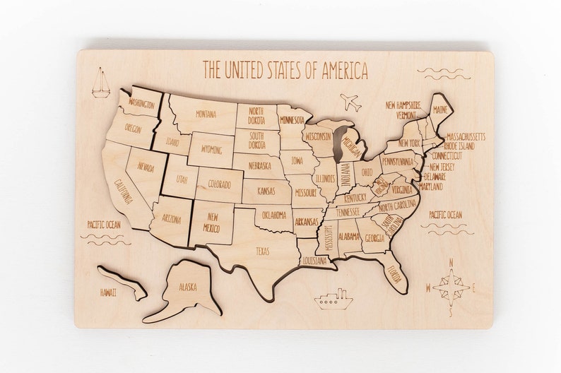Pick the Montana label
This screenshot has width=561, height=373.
pyautogui.click(x=206, y=114)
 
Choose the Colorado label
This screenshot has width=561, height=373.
pyautogui.click(x=219, y=185)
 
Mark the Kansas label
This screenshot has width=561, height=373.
pyautogui.click(x=266, y=191)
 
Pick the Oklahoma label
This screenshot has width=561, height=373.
pyautogui.click(x=273, y=214)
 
